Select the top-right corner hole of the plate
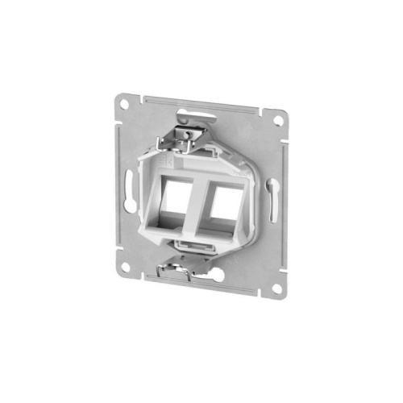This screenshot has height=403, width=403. click(276, 121)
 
